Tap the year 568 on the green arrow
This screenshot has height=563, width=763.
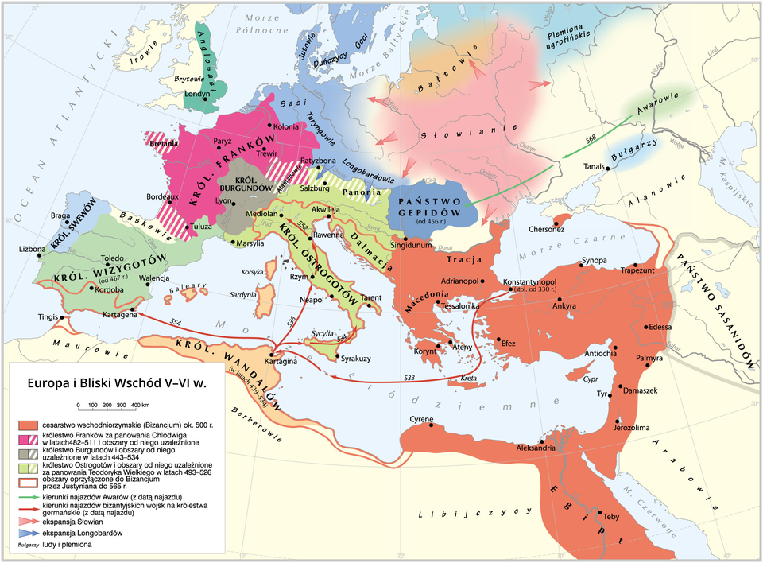[x=590, y=139]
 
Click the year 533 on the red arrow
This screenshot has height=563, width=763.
[x=409, y=376]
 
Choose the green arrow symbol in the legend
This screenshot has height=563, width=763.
[x=28, y=497]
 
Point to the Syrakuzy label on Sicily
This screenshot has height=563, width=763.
[x=355, y=359]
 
